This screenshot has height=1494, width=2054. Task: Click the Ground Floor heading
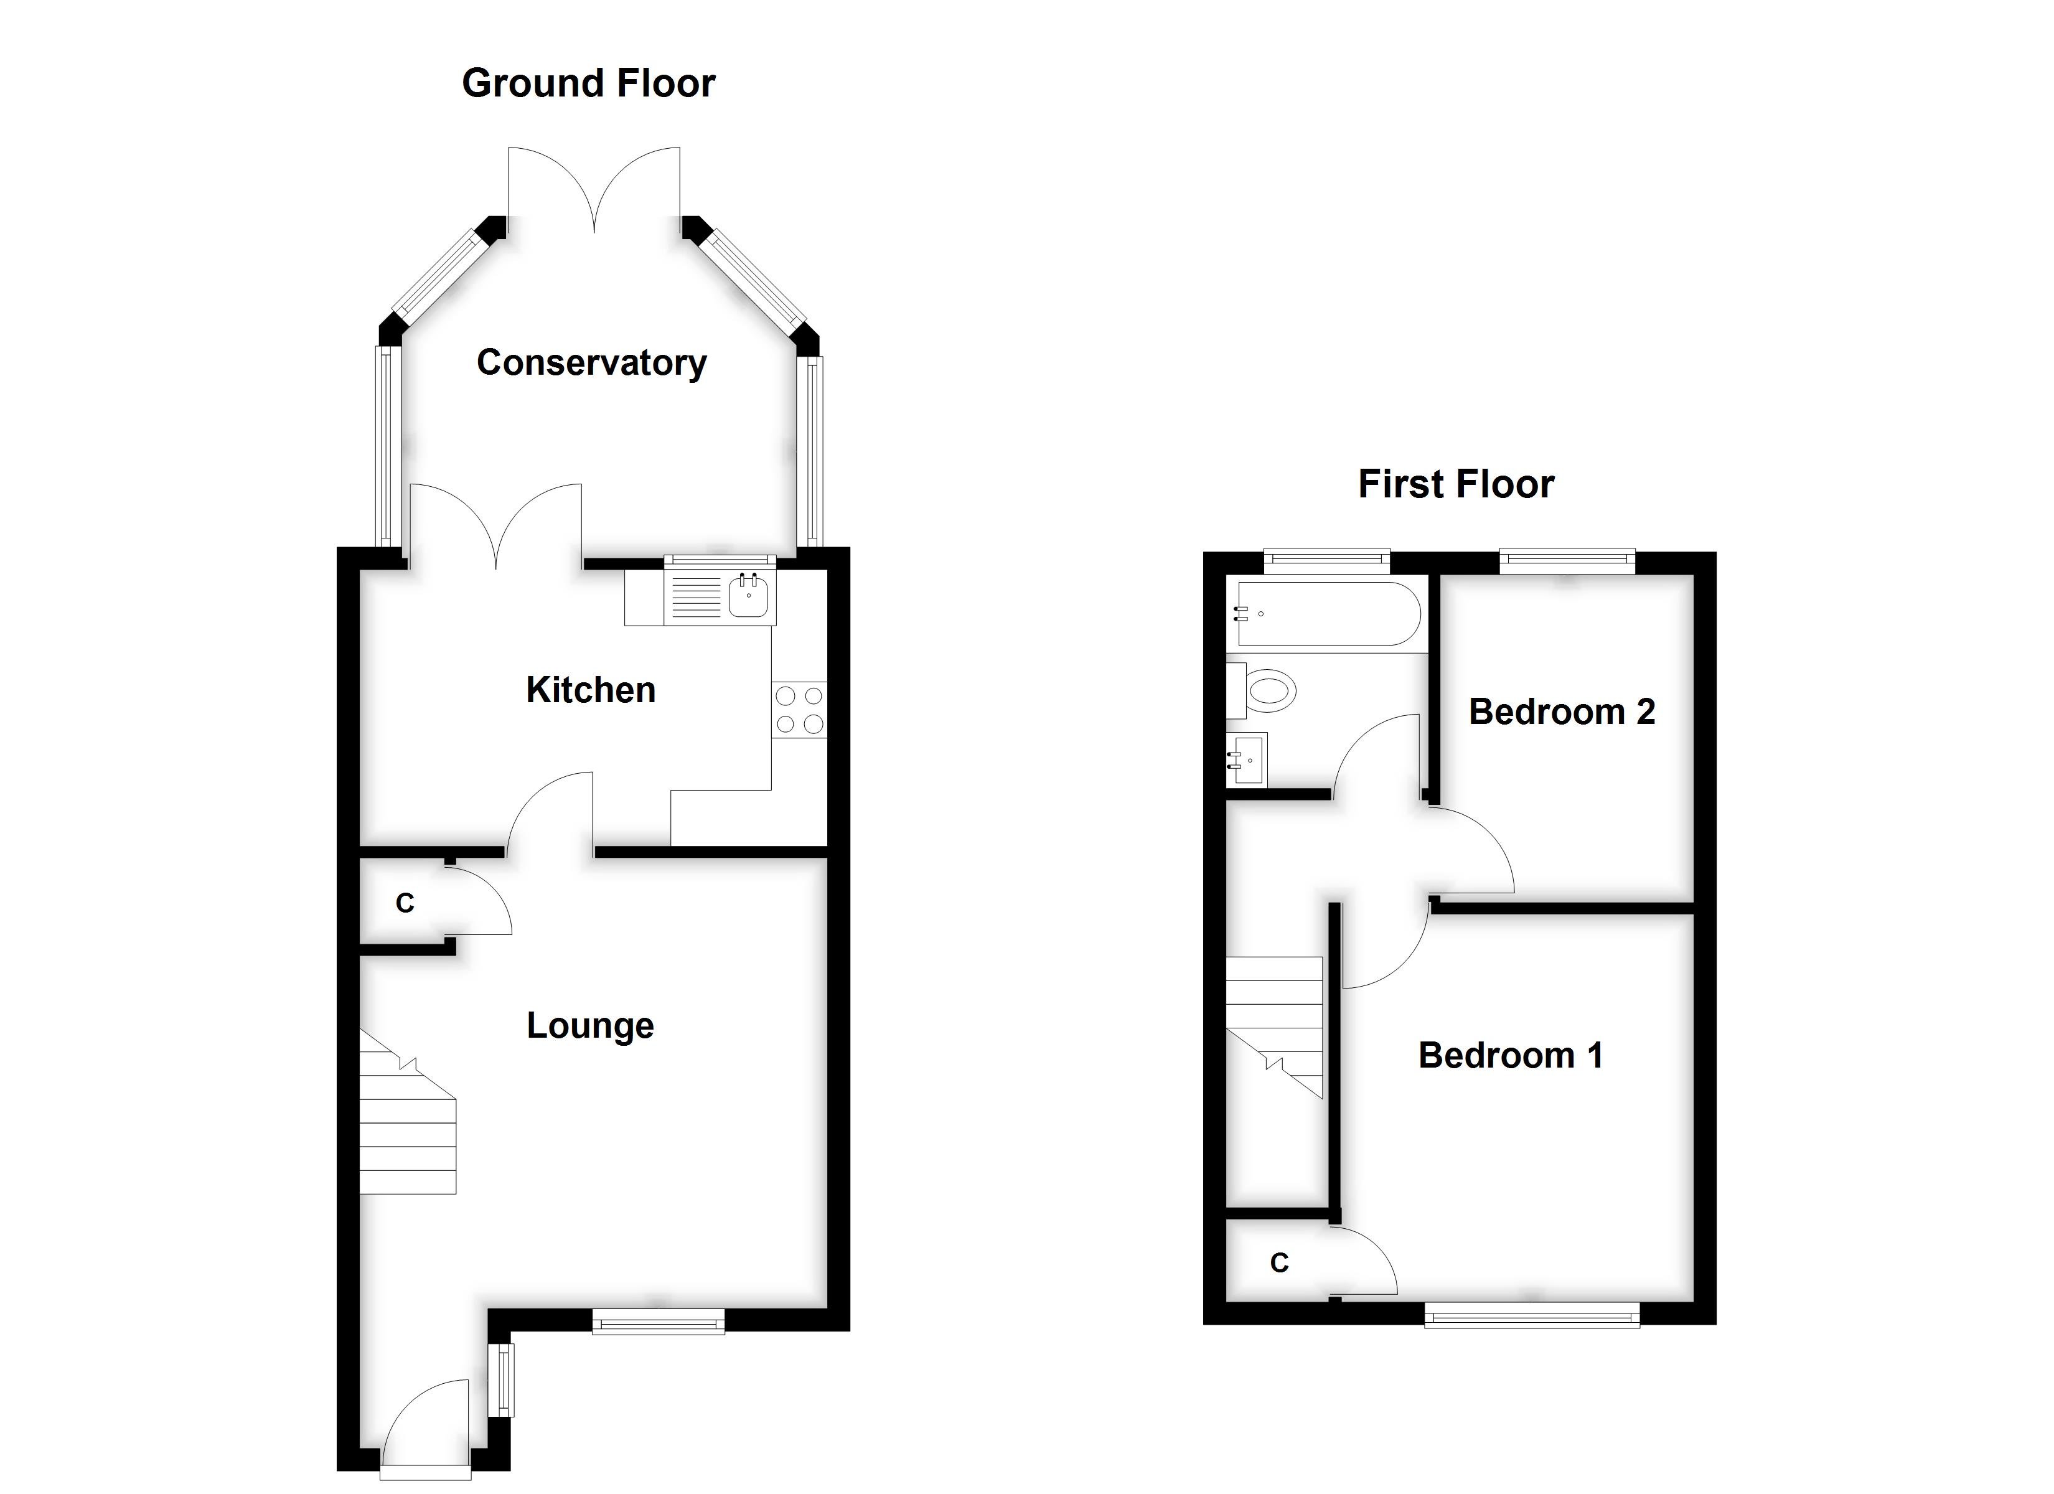click(589, 83)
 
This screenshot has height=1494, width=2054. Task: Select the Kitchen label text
click(591, 690)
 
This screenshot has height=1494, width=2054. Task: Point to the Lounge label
click(589, 1026)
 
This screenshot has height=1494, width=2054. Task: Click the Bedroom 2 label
click(1561, 712)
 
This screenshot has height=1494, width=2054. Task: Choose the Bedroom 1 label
click(1511, 1056)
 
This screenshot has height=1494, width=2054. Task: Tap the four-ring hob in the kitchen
click(799, 710)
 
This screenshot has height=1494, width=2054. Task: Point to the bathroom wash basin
click(1247, 760)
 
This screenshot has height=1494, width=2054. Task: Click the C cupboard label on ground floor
click(405, 903)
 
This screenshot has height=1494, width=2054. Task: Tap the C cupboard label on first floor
click(1278, 1263)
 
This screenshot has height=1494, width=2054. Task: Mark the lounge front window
click(659, 1323)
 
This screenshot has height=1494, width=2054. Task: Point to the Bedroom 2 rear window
click(1567, 561)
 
